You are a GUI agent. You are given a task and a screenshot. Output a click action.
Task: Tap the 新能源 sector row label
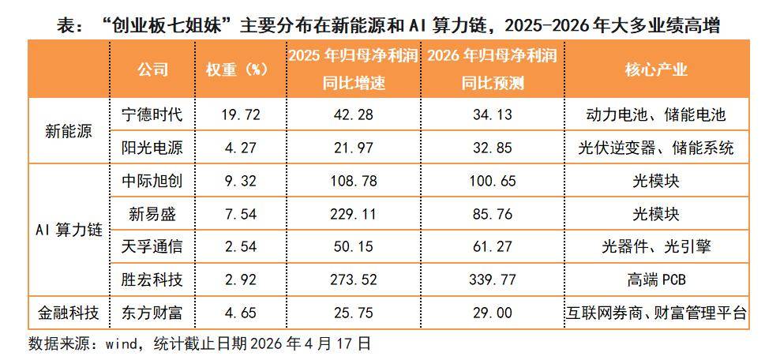(x=69, y=131)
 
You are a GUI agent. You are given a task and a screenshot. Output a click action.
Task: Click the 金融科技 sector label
(x=69, y=313)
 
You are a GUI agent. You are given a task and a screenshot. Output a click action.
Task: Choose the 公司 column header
(x=152, y=69)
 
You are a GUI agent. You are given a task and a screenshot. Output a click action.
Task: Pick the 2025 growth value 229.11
(x=353, y=214)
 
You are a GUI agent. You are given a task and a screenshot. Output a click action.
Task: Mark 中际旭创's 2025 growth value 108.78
(x=353, y=181)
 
